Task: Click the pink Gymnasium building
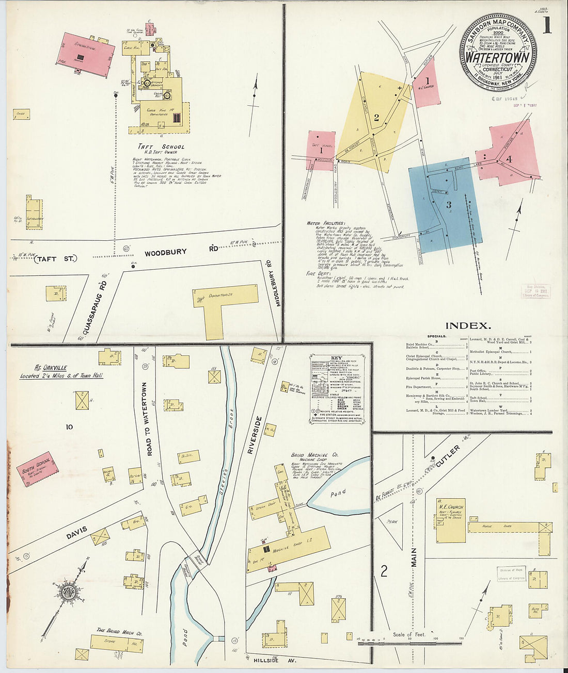88,54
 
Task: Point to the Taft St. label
55,258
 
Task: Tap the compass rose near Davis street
67,591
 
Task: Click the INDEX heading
467,325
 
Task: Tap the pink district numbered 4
509,155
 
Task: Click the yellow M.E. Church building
450,521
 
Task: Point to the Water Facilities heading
326,223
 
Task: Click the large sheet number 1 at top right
546,25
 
